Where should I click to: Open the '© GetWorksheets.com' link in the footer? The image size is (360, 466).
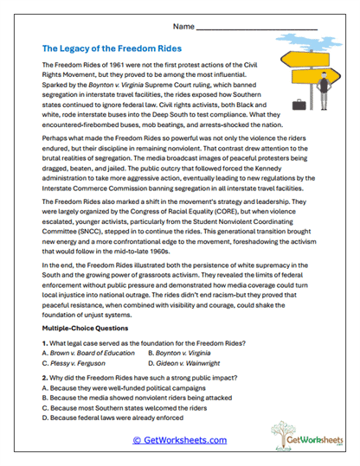pyautogui.click(x=179, y=440)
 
